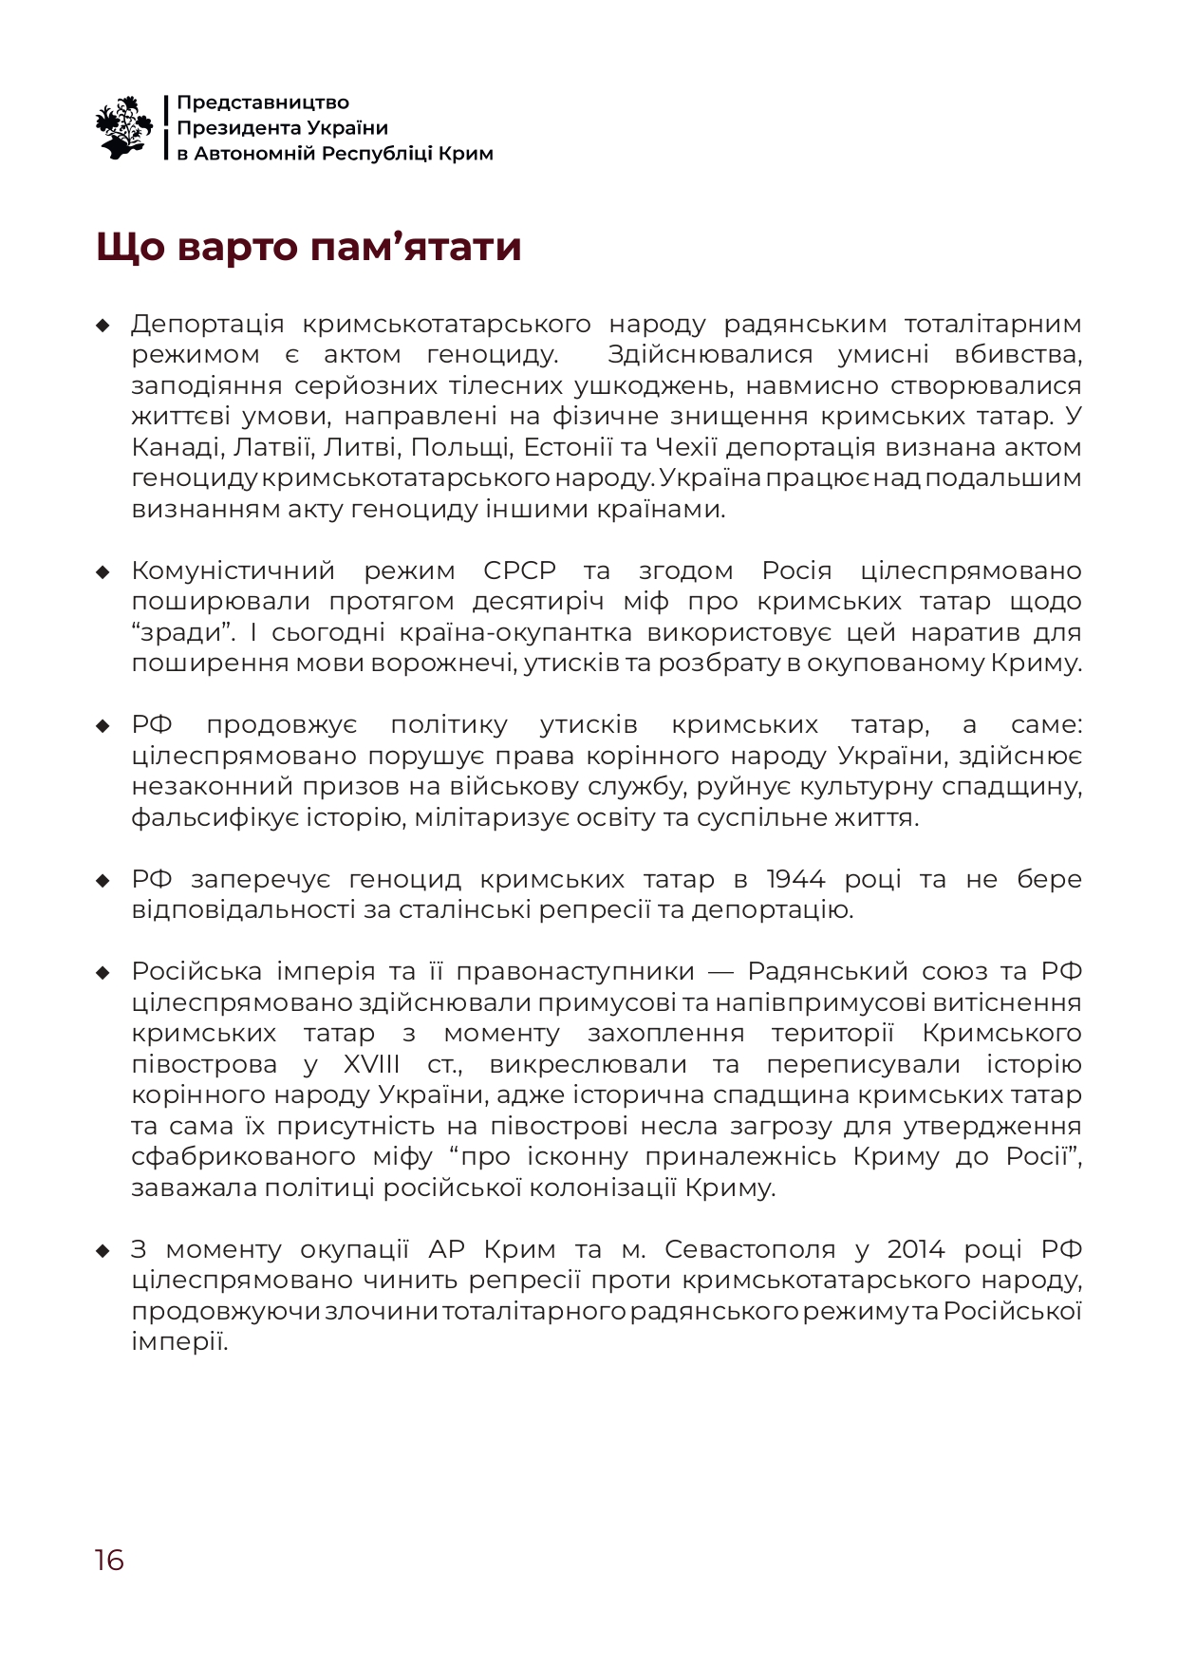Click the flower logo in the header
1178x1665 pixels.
click(124, 127)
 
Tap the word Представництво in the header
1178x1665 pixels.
click(263, 103)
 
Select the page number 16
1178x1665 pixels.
click(109, 1560)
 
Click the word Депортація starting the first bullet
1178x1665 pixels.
click(208, 325)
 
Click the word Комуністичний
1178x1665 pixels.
click(234, 571)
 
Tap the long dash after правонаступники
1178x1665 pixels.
click(721, 972)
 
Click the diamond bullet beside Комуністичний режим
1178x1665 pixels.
click(103, 572)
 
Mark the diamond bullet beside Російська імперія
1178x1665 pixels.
click(103, 973)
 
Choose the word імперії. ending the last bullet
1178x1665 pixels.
click(180, 1342)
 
